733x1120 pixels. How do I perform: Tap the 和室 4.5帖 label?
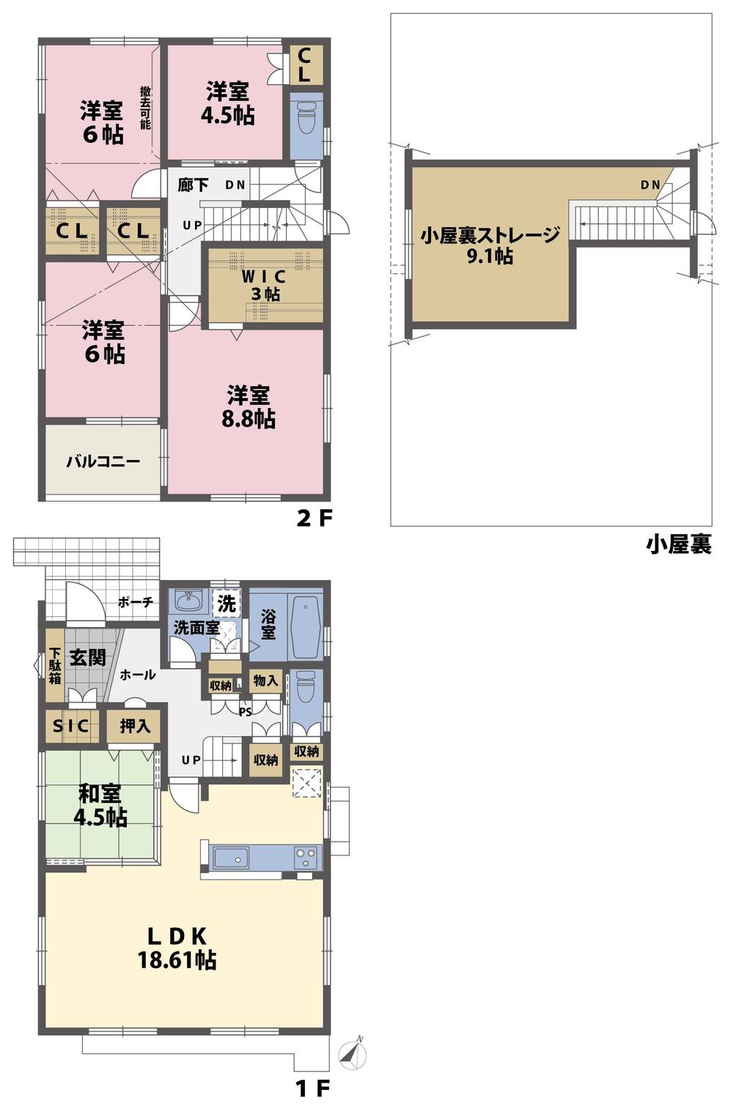pos(100,806)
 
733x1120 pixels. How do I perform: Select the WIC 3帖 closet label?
pos(262,286)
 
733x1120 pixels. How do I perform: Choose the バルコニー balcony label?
pos(103,462)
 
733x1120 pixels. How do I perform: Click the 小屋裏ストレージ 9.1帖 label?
pos(490,245)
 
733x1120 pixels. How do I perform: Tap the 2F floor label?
pos(314,519)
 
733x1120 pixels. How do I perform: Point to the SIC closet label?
pos(71,726)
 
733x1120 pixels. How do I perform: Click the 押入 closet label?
pos(135,726)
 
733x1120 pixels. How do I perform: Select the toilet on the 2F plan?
pos(306,116)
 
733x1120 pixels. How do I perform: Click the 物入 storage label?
pos(265,681)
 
